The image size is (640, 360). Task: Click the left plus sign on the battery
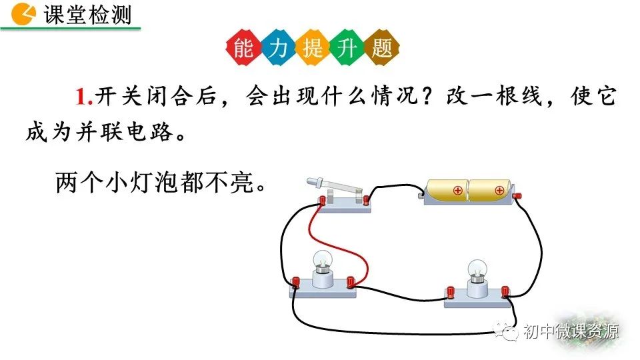pyautogui.click(x=458, y=191)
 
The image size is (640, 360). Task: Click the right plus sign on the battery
pyautogui.click(x=500, y=191)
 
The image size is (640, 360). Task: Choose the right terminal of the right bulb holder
pyautogui.click(x=505, y=291)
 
